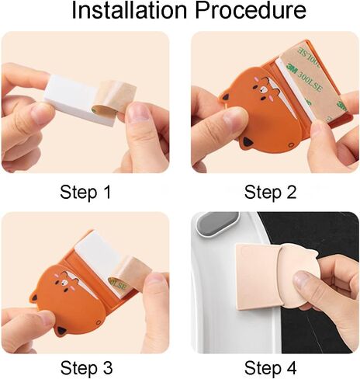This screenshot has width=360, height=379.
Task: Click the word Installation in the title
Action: (x=129, y=11)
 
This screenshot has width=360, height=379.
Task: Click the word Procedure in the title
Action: (x=251, y=11)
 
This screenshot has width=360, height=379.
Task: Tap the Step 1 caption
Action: (x=85, y=192)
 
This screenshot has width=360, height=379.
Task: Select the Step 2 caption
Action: (x=270, y=192)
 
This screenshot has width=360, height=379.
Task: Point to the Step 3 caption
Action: (x=87, y=367)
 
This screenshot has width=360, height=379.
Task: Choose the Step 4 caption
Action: (x=270, y=367)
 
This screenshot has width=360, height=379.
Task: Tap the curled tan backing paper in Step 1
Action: (x=114, y=97)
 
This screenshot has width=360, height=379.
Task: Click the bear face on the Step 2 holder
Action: (x=262, y=90)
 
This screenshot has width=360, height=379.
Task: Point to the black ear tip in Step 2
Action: (x=246, y=142)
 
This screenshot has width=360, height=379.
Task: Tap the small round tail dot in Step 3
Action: (x=99, y=322)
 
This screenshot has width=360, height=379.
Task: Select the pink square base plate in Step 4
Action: (x=258, y=276)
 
